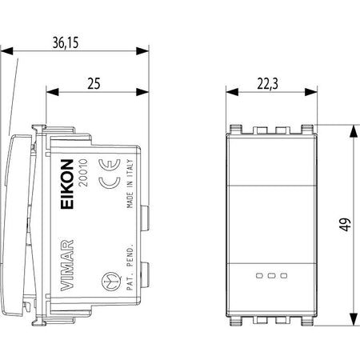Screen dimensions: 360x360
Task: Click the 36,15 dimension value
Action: click(x=66, y=42)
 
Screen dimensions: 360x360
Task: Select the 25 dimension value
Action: click(x=94, y=83)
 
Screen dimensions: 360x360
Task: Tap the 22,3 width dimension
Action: click(x=267, y=84)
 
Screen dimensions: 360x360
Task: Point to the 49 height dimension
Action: click(x=346, y=225)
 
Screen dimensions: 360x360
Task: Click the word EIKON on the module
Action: click(x=67, y=184)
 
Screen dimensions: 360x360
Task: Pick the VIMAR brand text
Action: click(x=66, y=265)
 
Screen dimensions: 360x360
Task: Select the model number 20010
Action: click(x=83, y=172)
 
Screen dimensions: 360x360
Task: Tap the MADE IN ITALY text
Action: click(x=130, y=183)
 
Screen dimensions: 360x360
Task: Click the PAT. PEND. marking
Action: click(x=130, y=266)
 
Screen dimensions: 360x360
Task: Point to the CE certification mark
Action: click(x=110, y=174)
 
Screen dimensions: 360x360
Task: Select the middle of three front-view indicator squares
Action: click(x=272, y=275)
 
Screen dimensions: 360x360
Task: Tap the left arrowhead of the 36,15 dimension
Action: click(x=6, y=51)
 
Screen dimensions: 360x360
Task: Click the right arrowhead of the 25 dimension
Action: click(x=142, y=92)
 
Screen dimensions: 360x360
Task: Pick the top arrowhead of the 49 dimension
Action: click(x=354, y=131)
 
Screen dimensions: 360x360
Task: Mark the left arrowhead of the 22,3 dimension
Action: click(x=232, y=92)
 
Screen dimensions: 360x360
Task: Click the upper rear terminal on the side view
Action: click(x=146, y=218)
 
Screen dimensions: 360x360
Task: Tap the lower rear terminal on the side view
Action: click(x=146, y=274)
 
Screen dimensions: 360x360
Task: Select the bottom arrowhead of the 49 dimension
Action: click(x=354, y=319)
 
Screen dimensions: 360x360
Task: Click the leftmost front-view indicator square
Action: click(x=259, y=275)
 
